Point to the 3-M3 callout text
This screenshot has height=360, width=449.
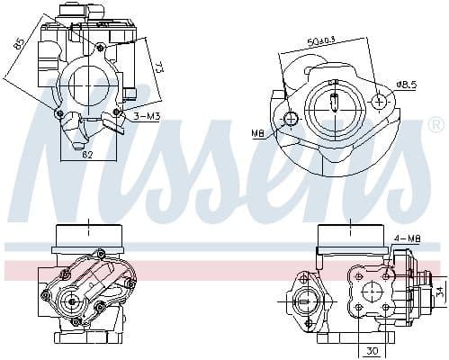point(148,117)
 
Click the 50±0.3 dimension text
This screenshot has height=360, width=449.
point(322,41)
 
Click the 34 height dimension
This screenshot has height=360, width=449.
point(438,291)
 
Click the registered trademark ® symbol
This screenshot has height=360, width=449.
point(436,123)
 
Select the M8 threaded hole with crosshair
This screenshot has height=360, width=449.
point(291,120)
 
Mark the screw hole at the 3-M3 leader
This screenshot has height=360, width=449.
point(117,114)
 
